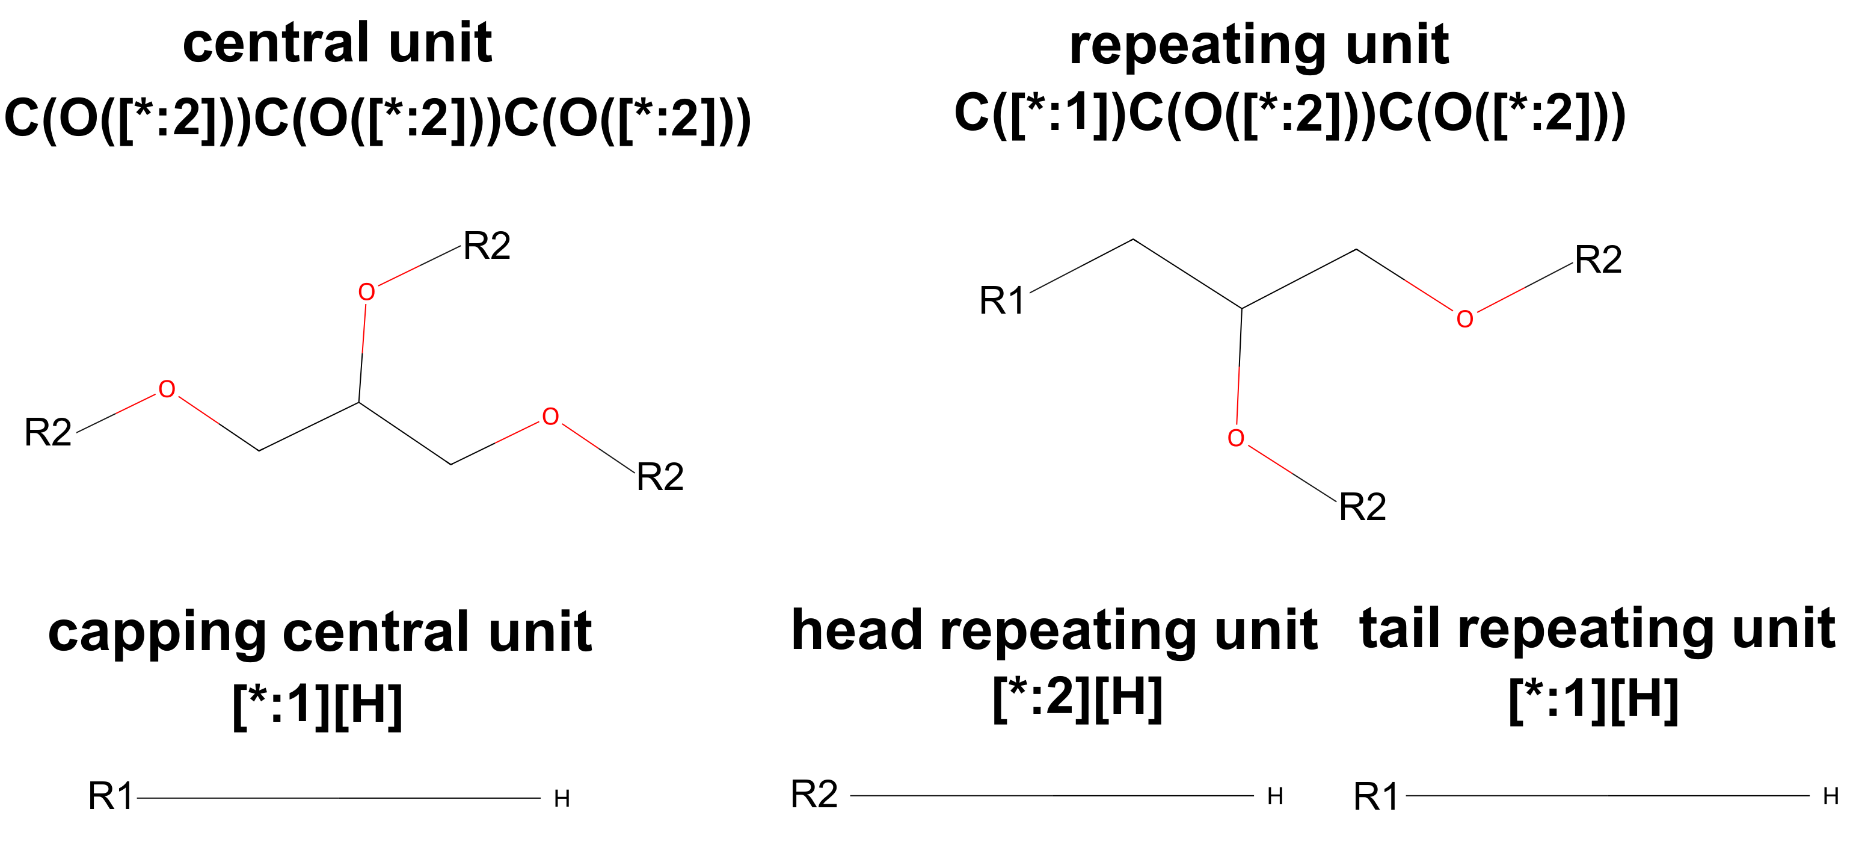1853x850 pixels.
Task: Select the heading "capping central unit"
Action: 319,633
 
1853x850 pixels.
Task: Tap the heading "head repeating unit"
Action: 1054,630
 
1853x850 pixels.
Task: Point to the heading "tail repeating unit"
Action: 1597,629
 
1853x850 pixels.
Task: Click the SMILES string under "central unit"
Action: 377,119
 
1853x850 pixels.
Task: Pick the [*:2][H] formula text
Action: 1077,698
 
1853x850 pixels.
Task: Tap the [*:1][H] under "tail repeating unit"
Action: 1593,700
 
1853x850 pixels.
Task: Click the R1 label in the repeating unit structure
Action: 1001,301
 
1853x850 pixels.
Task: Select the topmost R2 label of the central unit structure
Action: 487,246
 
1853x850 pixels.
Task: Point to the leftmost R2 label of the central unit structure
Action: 48,433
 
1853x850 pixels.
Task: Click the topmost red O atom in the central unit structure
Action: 366,292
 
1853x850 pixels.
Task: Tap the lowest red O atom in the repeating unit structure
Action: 1235,438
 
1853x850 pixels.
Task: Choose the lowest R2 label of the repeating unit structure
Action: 1362,507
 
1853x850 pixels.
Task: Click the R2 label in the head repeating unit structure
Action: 814,795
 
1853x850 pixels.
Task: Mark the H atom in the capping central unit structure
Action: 562,799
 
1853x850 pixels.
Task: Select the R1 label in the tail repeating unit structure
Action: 1375,798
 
